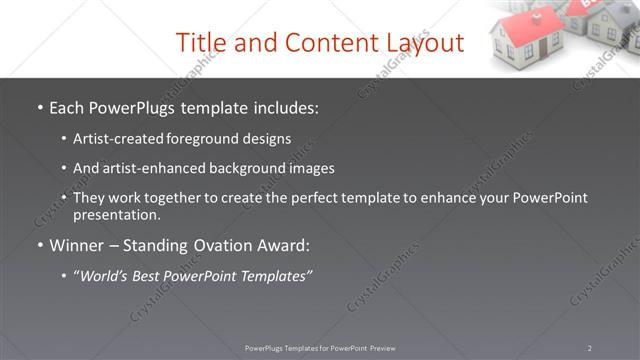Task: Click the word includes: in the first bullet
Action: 280,105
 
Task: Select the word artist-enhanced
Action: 157,168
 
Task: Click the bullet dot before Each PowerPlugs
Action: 39,106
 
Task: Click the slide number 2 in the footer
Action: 589,348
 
